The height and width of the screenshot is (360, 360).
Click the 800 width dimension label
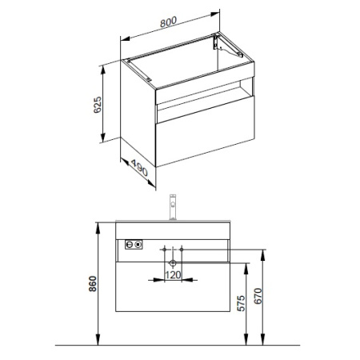pos(168,22)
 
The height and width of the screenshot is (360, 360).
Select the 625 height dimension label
pos(98,105)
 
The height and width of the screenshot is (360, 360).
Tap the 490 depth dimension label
pos(139,168)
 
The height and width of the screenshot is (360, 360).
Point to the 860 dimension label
pos(93,284)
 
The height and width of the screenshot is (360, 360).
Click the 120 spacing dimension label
pos(173,275)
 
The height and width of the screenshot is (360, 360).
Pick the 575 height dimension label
pos(241,303)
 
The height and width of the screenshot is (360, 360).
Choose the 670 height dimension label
pos(258,296)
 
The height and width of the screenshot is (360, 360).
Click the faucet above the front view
pos(173,207)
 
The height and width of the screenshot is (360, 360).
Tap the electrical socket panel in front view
pos(134,244)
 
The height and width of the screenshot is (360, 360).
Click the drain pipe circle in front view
pos(173,263)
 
